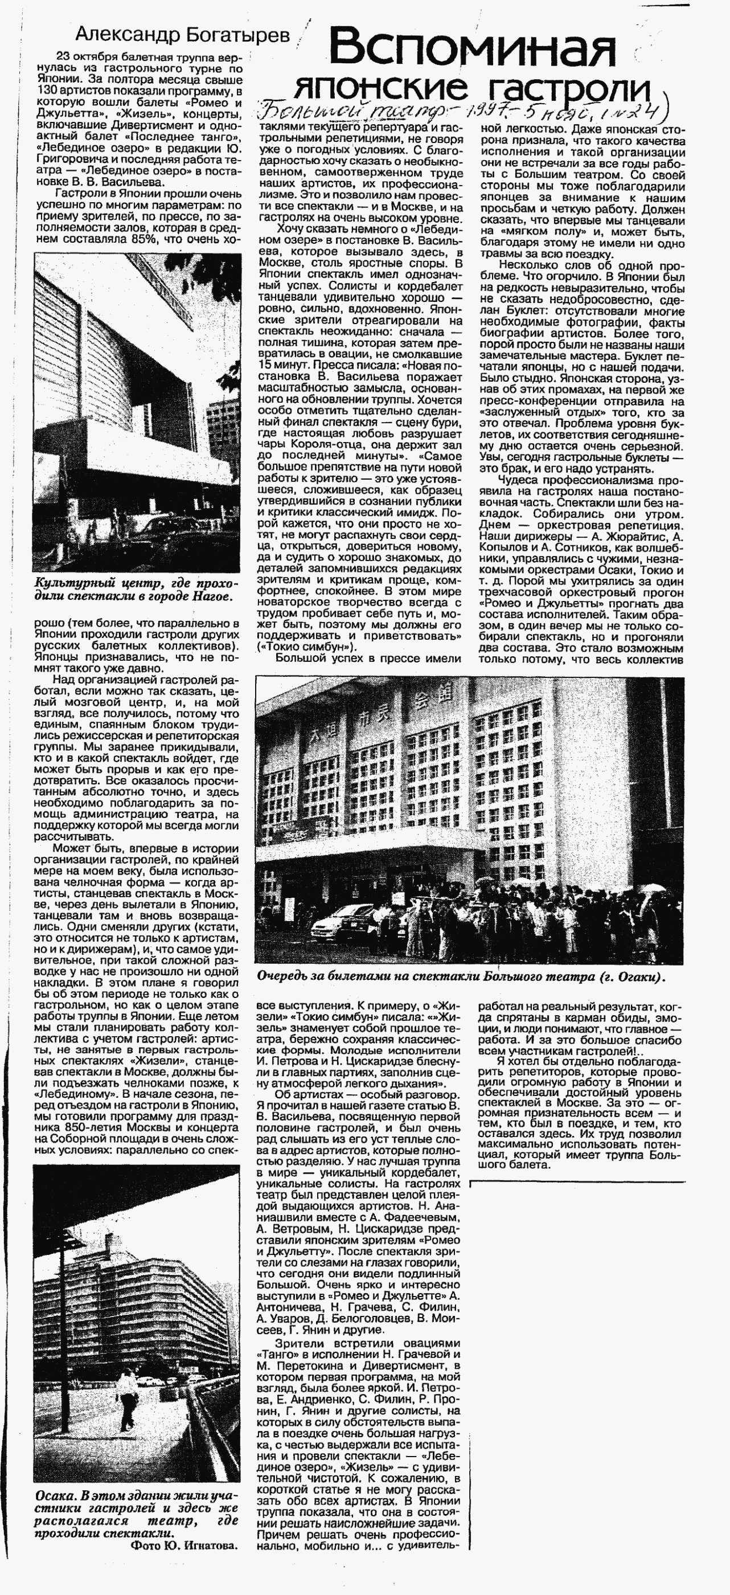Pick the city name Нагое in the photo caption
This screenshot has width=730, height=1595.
(x=213, y=597)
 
